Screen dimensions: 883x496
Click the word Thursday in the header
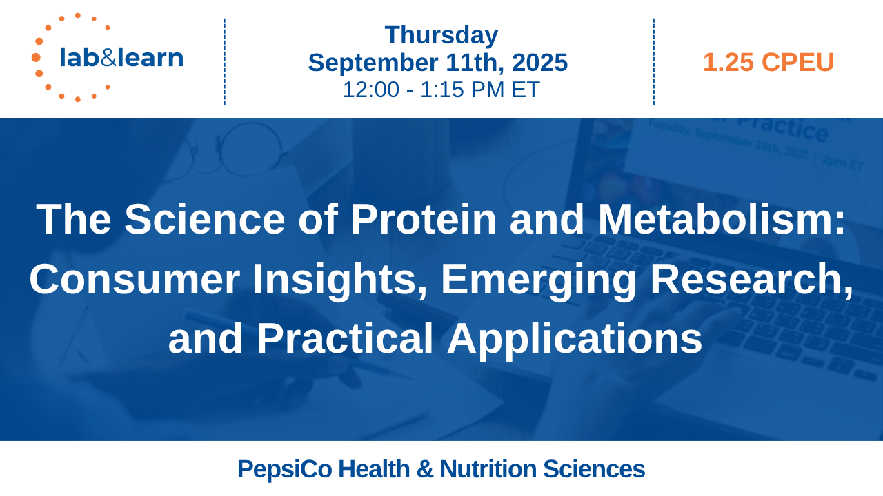441,35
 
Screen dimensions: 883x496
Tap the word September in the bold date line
373,63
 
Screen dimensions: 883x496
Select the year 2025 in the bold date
539,62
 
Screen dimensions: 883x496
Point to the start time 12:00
371,90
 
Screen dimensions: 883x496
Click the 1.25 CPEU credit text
768,62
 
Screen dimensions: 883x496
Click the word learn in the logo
150,57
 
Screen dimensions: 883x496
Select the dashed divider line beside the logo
225,62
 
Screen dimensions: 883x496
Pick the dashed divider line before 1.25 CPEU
654,62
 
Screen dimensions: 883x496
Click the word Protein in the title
424,219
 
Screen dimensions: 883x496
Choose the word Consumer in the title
135,280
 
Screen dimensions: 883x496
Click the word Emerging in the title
539,280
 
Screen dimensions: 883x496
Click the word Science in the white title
205,219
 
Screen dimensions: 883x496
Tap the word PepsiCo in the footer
285,469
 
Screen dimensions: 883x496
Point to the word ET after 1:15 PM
526,90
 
